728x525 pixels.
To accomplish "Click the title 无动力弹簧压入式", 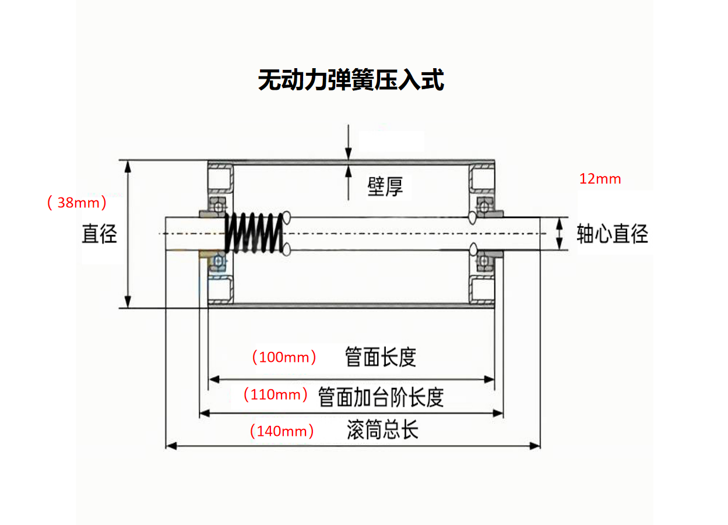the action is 351,80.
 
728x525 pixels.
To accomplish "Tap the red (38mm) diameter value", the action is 77,203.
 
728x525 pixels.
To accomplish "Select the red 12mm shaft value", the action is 600,179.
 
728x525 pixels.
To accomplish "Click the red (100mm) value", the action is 284,357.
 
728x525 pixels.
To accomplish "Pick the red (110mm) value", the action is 275,394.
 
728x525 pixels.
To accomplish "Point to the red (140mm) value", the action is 282,431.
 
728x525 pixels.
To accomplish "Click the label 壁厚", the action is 385,186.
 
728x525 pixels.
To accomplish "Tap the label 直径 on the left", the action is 100,234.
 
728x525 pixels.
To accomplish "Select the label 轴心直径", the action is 612,234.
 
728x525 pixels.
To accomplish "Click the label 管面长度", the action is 381,357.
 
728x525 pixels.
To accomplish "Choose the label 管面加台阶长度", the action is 381,397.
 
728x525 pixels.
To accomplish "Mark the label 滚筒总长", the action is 382,431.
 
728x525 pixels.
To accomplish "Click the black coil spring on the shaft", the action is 255,232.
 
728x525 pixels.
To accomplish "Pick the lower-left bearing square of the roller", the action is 220,289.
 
